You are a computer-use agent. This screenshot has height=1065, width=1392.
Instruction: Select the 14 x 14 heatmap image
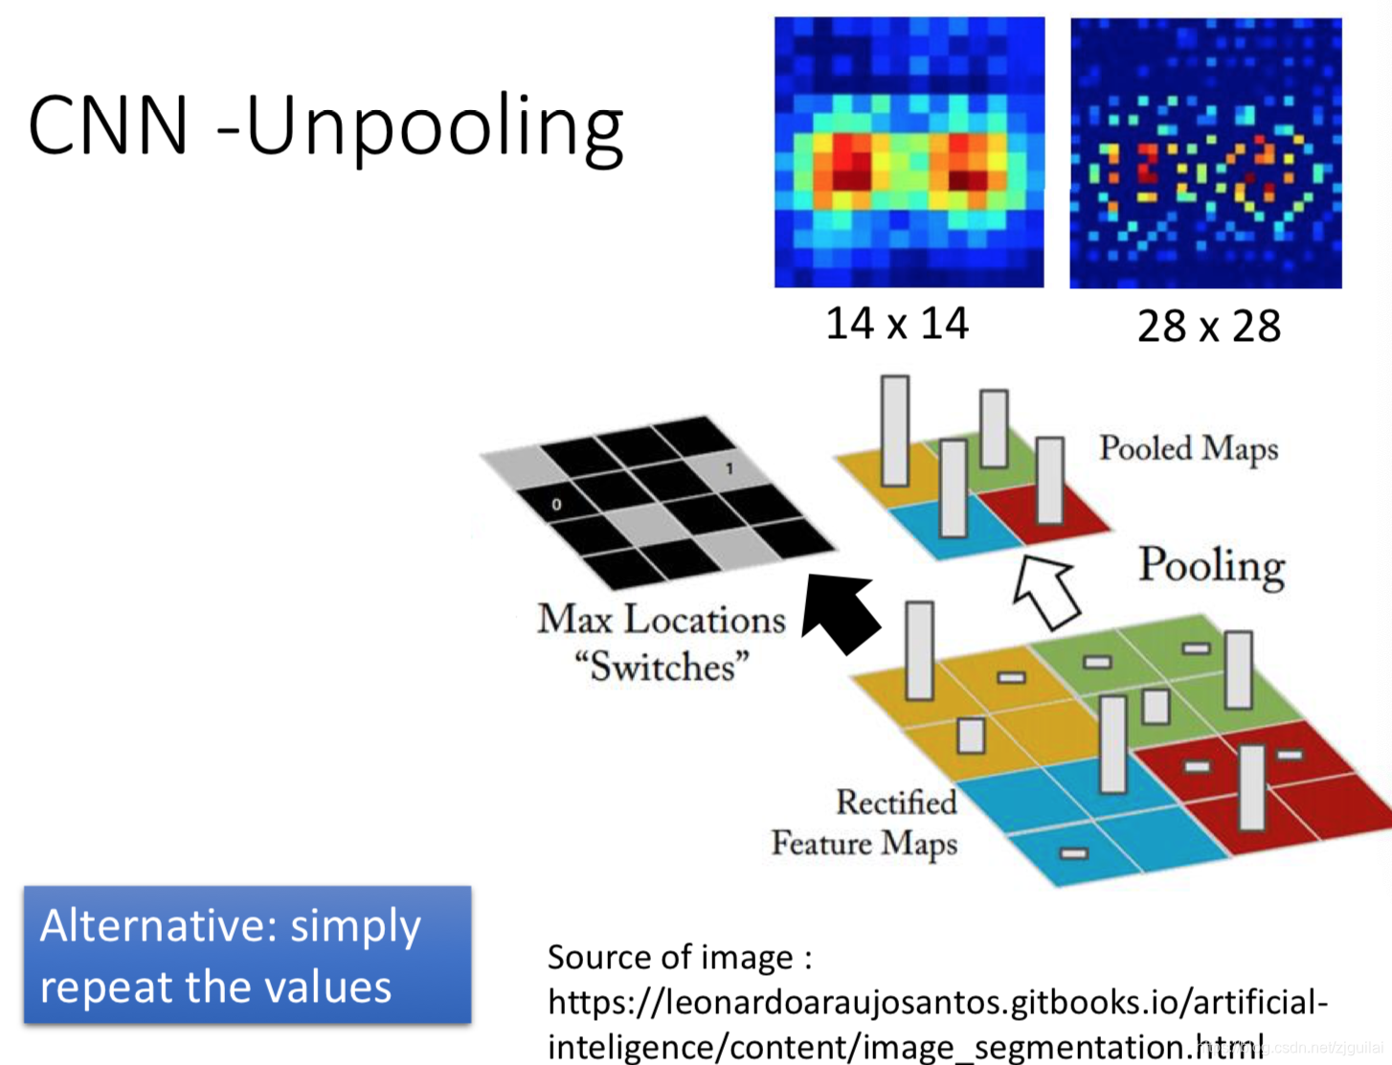[909, 152]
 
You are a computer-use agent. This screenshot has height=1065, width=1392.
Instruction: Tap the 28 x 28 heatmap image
[1205, 153]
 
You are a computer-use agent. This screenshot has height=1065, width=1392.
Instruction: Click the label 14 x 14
[897, 324]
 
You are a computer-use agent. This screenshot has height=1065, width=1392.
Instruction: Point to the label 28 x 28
[1208, 327]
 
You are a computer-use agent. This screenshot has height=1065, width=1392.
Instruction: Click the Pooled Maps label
[1188, 448]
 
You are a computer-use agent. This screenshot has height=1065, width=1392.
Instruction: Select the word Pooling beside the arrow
[1211, 565]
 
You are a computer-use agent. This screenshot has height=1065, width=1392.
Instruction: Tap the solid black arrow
[840, 613]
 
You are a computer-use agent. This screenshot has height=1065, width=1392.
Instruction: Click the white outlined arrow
[1047, 592]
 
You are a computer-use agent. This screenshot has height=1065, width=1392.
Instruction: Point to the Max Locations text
[662, 620]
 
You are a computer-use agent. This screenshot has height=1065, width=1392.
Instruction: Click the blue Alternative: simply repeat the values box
[247, 955]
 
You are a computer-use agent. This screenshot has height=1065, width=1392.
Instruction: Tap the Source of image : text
[680, 957]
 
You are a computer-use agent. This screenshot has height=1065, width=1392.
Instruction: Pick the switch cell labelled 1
[730, 468]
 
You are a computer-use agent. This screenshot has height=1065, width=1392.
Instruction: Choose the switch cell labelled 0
[556, 504]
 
